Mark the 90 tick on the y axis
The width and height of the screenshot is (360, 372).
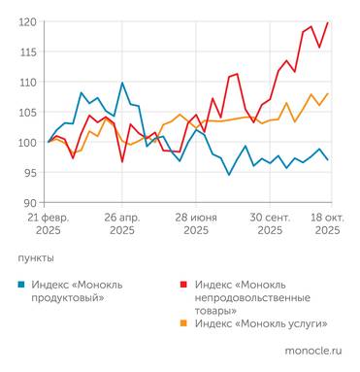tap(29, 202)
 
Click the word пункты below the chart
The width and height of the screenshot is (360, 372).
tap(36, 259)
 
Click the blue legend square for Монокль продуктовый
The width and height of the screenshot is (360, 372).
tap(22, 284)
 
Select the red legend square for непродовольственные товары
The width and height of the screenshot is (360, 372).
tap(185, 284)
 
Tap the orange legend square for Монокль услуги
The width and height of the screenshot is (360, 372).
tap(185, 322)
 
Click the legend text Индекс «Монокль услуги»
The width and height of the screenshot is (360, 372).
tap(259, 322)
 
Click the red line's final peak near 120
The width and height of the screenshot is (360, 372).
tap(327, 22)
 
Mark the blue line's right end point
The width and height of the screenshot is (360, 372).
tap(327, 159)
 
